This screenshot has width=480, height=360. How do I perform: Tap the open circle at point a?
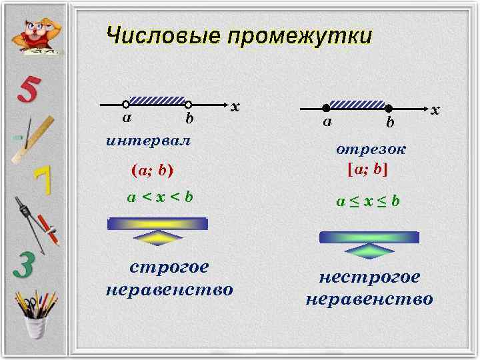(x=125, y=105)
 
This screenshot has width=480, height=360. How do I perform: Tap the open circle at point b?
(x=189, y=105)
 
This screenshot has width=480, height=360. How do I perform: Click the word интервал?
(x=147, y=141)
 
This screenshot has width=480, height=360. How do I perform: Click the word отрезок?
(x=371, y=150)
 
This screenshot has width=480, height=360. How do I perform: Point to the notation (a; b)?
(x=153, y=171)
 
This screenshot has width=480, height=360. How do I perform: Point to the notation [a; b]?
(x=368, y=169)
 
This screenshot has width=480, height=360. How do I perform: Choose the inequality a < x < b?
(x=160, y=197)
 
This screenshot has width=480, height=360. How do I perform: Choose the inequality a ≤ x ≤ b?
(x=368, y=201)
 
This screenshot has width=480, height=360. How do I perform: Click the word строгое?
(x=169, y=267)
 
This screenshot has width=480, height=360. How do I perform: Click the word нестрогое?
(x=369, y=277)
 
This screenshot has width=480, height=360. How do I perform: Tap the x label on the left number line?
(x=235, y=107)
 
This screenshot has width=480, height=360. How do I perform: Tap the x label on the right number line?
(x=435, y=109)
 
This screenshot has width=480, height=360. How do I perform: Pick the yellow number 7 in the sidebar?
(x=43, y=180)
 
